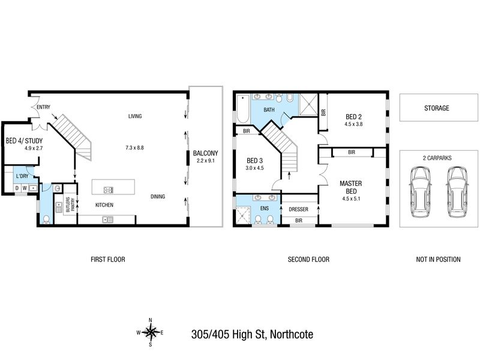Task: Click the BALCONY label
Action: click(205, 153)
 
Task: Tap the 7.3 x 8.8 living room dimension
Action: click(134, 148)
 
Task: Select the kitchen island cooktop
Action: click(109, 190)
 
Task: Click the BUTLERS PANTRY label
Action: click(70, 205)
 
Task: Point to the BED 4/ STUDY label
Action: click(24, 141)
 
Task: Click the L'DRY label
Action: click(22, 176)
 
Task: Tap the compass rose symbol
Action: click(151, 332)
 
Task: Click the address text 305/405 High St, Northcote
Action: click(252, 334)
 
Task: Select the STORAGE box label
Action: click(437, 108)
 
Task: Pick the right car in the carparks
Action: click(457, 192)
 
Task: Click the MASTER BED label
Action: click(351, 187)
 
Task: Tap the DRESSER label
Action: click(298, 209)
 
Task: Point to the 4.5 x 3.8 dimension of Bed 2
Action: click(353, 124)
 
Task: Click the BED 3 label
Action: click(254, 161)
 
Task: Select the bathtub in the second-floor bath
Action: click(244, 109)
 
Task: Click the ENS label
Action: click(265, 208)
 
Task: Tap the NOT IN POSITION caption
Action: click(438, 260)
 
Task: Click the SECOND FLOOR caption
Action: click(308, 260)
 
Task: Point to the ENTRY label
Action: click(43, 107)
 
